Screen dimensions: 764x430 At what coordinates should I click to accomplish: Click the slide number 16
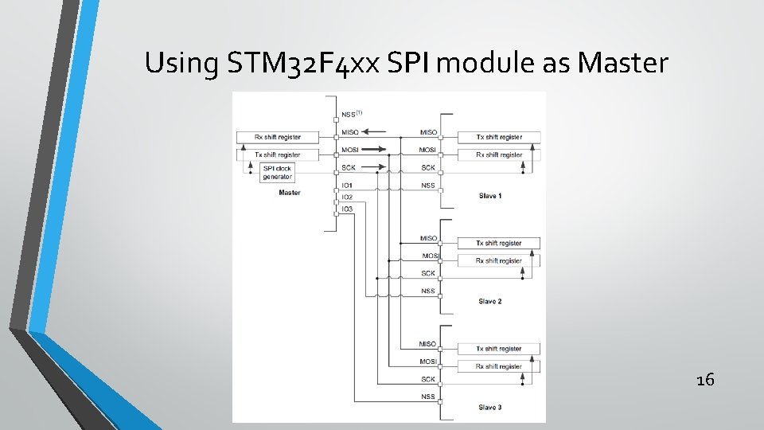click(705, 380)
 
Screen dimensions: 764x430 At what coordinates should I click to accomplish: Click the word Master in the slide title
click(623, 62)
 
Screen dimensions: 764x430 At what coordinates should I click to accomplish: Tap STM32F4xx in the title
click(302, 62)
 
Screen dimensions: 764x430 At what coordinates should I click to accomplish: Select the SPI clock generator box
click(277, 172)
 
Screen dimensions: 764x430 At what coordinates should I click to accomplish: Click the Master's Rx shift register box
click(278, 137)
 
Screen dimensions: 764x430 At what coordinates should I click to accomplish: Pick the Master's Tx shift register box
click(278, 154)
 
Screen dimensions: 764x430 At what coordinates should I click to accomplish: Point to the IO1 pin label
click(347, 186)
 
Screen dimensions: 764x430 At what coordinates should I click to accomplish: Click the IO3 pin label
click(347, 209)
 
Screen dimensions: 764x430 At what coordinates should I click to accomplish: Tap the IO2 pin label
click(347, 197)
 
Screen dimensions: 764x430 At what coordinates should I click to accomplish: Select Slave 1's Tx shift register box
click(499, 137)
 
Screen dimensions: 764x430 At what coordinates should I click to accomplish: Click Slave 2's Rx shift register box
click(499, 260)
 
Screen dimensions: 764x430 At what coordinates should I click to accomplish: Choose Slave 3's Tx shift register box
click(499, 349)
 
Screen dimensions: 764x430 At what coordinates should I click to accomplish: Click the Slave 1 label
click(490, 195)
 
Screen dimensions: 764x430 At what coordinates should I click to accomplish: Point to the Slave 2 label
click(490, 301)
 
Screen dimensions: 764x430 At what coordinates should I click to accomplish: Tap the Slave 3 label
click(490, 407)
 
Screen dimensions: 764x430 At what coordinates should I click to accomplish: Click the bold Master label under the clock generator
click(290, 193)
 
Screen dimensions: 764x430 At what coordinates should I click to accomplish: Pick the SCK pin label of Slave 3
click(428, 379)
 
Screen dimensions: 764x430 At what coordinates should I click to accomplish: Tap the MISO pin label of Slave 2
click(428, 238)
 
